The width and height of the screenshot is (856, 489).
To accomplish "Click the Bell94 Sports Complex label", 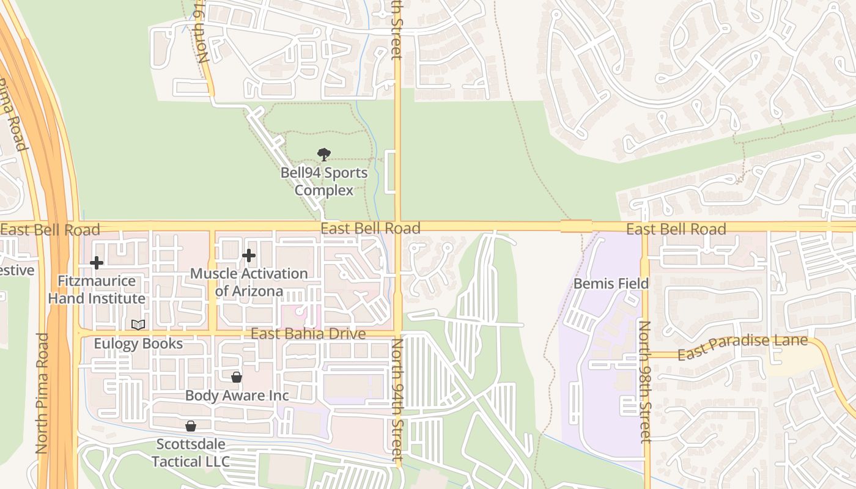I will coord(324,182).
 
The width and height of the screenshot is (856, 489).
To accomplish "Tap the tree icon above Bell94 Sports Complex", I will coord(324,155).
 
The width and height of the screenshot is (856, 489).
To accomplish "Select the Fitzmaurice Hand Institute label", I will coord(97,290).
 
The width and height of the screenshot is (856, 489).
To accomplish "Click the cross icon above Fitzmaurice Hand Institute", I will coord(97,263).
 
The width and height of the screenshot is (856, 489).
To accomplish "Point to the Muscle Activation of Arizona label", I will coord(249,282).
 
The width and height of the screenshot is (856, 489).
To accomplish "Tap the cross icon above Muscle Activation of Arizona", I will coord(249,256).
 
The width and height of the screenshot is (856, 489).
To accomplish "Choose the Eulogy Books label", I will coord(138,344).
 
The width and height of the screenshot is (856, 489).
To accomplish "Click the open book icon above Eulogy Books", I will coord(138,325).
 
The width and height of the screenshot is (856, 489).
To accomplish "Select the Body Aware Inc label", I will coord(237,395).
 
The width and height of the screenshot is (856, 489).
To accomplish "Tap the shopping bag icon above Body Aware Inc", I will coord(237,377).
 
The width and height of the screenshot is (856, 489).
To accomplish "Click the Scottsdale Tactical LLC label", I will coord(191,452).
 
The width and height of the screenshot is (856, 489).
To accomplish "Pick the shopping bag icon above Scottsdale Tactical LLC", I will coord(191,425).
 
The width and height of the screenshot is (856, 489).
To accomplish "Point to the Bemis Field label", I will coord(611,284).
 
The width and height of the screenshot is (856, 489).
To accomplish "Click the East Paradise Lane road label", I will coord(742,347).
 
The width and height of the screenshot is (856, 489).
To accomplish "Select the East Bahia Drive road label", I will coord(308,334).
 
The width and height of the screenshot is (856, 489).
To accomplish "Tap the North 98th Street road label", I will coord(644,381).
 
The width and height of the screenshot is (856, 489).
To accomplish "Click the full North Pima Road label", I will coord(42,393).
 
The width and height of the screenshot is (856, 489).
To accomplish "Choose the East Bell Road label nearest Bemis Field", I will coord(676,229).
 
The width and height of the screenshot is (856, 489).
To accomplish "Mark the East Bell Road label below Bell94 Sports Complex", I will coord(371,229).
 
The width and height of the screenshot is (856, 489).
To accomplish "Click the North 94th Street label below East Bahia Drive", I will coord(397,400).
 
